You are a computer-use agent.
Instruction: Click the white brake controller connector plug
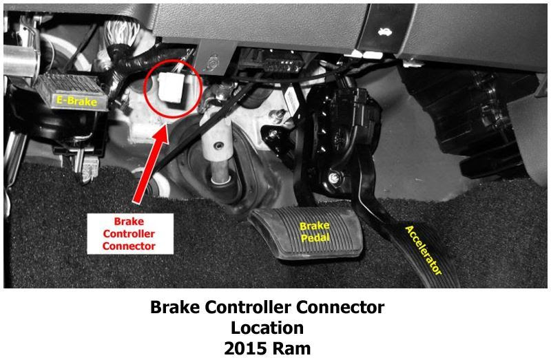pos(171,87)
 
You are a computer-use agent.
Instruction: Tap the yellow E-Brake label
pos(76,101)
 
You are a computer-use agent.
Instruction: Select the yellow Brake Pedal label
pos(315,231)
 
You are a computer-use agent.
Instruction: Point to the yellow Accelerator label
pos(424,250)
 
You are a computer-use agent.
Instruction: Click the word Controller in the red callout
pos(129,234)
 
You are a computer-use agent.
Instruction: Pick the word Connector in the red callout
pos(129,246)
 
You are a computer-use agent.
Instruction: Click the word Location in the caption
pos(267,328)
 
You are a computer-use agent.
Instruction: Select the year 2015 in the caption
pos(245,349)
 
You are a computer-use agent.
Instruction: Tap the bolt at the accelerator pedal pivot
pos(333,178)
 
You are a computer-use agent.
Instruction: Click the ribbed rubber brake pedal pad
pos(306,232)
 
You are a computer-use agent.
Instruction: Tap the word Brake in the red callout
pos(129,222)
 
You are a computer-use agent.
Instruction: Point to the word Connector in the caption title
pos(340,307)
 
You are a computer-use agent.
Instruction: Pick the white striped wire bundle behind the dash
pos(121,32)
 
